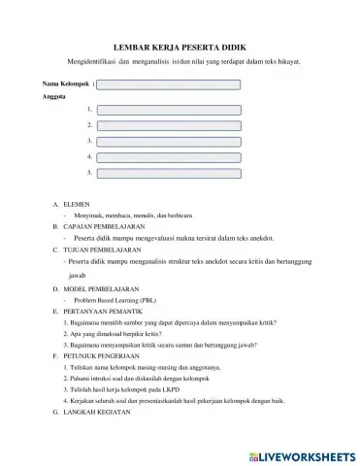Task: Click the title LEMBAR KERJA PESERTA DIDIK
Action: pos(180,46)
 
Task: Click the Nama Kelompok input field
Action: pos(169,84)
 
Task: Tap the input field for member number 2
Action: pos(169,126)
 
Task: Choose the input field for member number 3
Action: pos(169,142)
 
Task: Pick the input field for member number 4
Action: pos(169,156)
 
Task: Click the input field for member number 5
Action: pos(169,172)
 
